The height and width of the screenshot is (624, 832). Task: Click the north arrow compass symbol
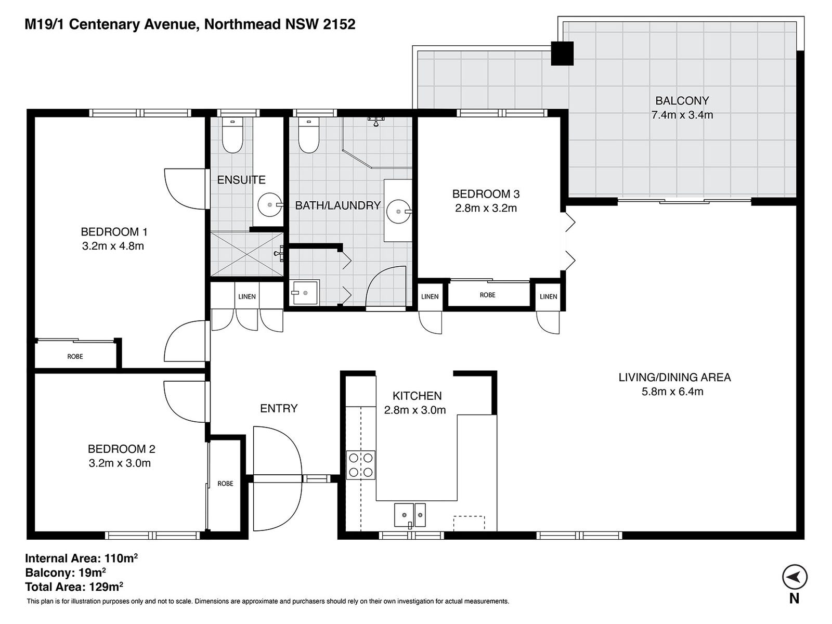click(795, 577)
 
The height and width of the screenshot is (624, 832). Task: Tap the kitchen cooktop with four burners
click(361, 465)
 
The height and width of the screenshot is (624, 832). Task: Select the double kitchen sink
click(410, 515)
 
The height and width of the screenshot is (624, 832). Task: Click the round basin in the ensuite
click(270, 205)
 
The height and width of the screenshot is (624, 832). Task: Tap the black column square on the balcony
click(562, 54)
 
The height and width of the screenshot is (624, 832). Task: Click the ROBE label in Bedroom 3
click(487, 295)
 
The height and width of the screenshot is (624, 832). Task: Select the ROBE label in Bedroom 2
click(225, 484)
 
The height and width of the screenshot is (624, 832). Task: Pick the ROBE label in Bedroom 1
click(75, 357)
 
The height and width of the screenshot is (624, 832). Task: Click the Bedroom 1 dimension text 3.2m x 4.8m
click(113, 246)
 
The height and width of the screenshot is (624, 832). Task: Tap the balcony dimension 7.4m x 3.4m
click(682, 115)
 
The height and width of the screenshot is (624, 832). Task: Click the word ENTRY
click(279, 409)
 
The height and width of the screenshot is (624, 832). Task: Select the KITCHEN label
click(417, 396)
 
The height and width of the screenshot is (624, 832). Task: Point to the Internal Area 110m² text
click(81, 558)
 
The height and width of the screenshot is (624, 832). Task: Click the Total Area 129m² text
click(74, 587)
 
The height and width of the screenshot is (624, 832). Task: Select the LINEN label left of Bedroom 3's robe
click(430, 296)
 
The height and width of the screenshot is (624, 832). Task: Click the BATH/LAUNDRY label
click(337, 205)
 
